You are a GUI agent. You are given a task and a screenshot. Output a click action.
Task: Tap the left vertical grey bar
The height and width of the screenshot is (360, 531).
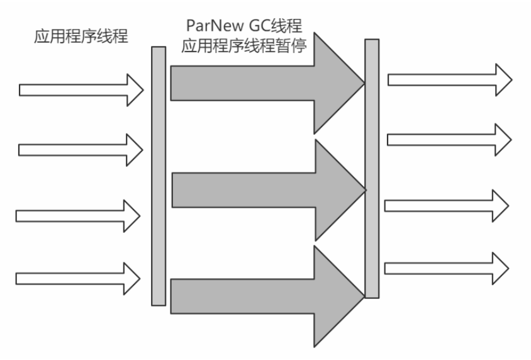pyautogui.click(x=159, y=176)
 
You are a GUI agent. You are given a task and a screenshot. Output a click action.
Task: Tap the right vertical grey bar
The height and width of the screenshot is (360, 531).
pyautogui.click(x=372, y=169)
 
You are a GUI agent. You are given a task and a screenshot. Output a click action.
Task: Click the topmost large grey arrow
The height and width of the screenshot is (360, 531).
pyautogui.click(x=264, y=83)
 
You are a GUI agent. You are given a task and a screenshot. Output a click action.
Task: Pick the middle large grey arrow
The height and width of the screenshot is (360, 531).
pyautogui.click(x=264, y=189)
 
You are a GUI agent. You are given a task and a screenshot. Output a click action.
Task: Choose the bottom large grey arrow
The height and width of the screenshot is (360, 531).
pyautogui.click(x=264, y=296)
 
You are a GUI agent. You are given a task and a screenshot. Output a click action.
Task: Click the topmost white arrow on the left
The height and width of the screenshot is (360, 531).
pyautogui.click(x=79, y=89)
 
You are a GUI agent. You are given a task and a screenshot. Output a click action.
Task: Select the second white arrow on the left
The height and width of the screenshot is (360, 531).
pyautogui.click(x=79, y=150)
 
